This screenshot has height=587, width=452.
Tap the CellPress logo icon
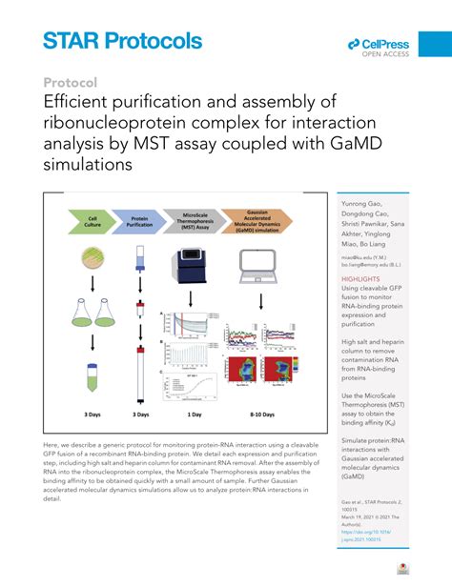353,43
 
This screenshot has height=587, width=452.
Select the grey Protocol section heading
70,83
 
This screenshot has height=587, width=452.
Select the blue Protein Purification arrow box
138,222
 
